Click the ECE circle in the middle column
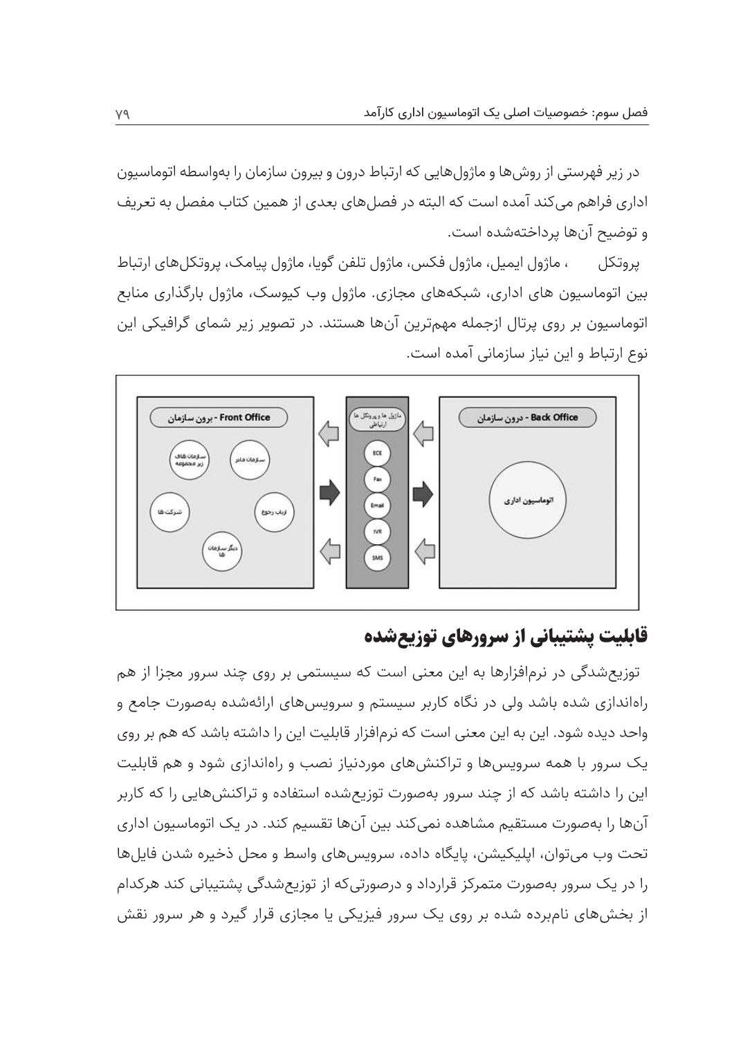click(x=377, y=453)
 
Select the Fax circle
click(x=377, y=479)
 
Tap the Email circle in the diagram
click(x=377, y=505)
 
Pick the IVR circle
click(x=377, y=531)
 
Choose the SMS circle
click(x=377, y=557)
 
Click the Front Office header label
click(x=219, y=418)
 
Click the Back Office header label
click(x=527, y=418)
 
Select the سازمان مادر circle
click(x=250, y=460)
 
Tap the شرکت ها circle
click(x=170, y=512)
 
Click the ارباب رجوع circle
click(x=275, y=512)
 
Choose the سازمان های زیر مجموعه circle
click(x=189, y=460)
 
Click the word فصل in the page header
click(x=636, y=112)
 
